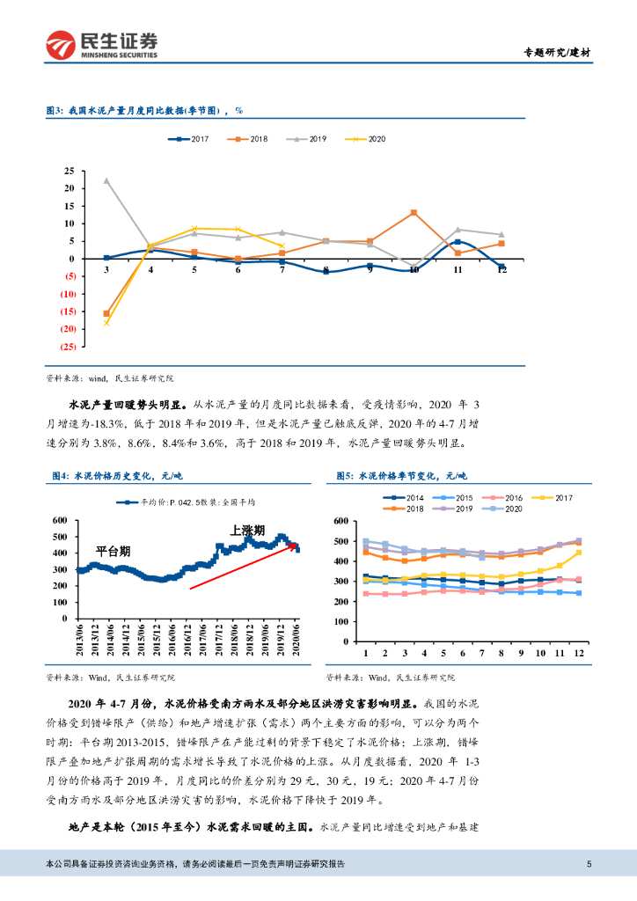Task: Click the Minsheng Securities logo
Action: pyautogui.click(x=101, y=44)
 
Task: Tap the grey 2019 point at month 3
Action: pyautogui.click(x=106, y=180)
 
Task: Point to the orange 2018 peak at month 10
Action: pyautogui.click(x=414, y=213)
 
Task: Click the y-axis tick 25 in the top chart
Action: pyautogui.click(x=68, y=171)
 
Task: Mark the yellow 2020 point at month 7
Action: pyautogui.click(x=282, y=246)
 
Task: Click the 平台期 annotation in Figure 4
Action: pyautogui.click(x=113, y=551)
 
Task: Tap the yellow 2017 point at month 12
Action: pyautogui.click(x=579, y=553)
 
